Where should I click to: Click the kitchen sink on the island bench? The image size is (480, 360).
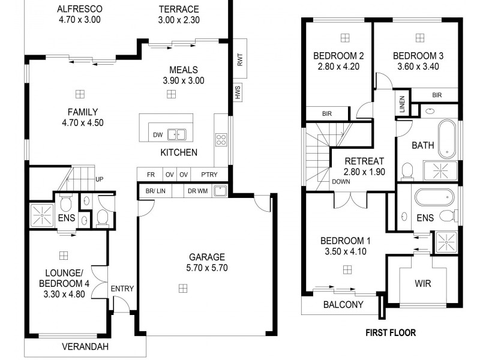click(x=176, y=134)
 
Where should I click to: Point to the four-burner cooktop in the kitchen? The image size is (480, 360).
click(x=221, y=140)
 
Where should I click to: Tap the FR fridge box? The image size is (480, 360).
click(x=151, y=175)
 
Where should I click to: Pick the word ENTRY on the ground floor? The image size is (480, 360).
click(x=122, y=289)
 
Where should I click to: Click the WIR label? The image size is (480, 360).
click(x=423, y=283)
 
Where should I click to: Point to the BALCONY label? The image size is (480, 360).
click(x=343, y=304)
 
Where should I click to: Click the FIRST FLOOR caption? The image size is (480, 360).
click(x=391, y=332)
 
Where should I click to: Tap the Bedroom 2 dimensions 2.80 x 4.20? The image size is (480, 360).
click(x=338, y=67)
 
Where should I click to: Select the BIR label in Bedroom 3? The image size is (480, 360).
click(x=437, y=95)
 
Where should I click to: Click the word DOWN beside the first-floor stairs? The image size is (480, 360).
click(x=341, y=181)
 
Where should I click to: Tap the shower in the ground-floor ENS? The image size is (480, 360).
click(x=41, y=215)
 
